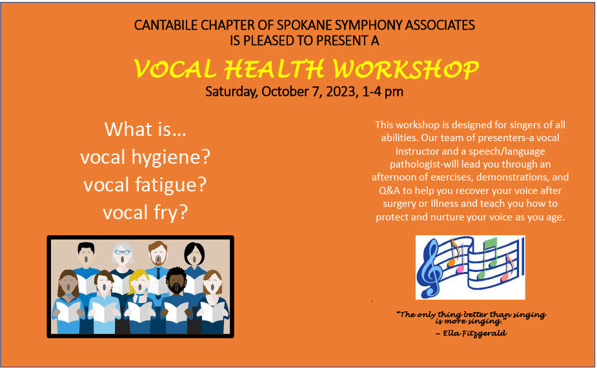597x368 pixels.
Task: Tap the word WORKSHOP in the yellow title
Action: (x=405, y=69)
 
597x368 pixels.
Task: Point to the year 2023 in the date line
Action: (x=341, y=92)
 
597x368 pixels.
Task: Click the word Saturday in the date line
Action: (x=232, y=92)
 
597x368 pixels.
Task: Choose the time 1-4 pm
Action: (x=383, y=92)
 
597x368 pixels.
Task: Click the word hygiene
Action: (x=170, y=157)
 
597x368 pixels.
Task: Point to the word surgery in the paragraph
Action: (x=400, y=204)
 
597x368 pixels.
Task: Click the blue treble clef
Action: (x=430, y=268)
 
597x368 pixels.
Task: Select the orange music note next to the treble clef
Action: (x=453, y=252)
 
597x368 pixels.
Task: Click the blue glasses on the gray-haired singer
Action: (x=122, y=252)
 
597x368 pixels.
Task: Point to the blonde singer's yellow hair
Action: (x=138, y=280)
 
